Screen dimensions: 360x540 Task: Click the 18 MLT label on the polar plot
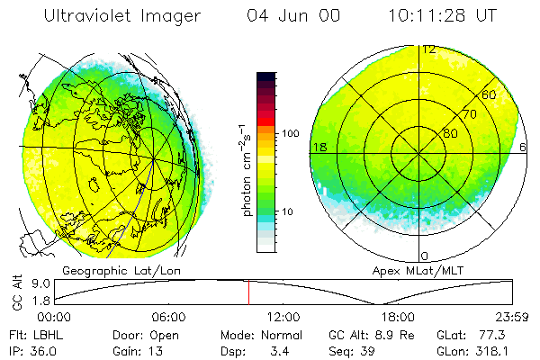[x=319, y=147]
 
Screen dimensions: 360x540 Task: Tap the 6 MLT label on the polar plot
[x=525, y=147]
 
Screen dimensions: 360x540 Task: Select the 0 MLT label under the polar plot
[x=425, y=256]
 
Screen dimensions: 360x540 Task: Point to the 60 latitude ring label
[x=490, y=94]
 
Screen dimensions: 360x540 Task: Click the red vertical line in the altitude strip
[x=248, y=292]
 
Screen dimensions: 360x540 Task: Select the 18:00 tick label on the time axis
[x=397, y=318]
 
